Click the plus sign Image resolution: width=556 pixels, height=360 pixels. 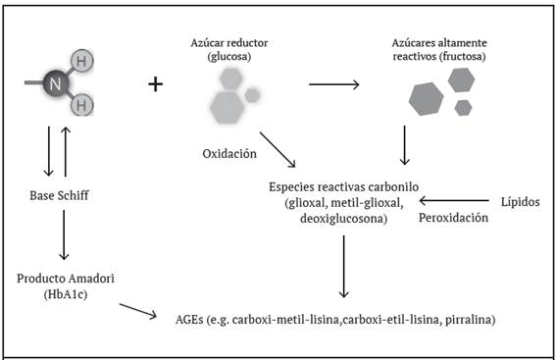pos(155,85)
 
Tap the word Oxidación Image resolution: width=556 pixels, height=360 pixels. pos(229,154)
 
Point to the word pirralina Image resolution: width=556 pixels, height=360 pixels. pos(480,320)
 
